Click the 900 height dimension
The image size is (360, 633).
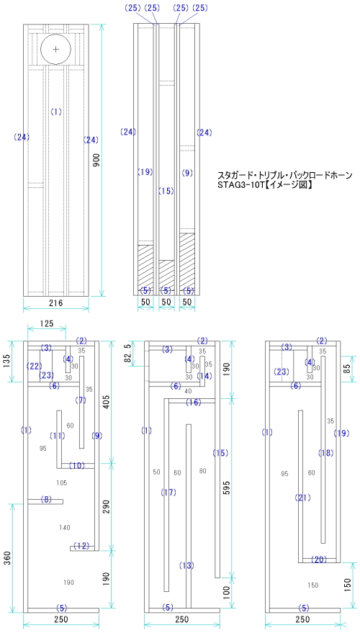(96, 161)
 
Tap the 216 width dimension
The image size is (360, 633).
(55, 302)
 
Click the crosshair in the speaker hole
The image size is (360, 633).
(55, 49)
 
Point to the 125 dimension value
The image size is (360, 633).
(46, 324)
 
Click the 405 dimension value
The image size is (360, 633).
(107, 400)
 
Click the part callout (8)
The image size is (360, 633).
(46, 499)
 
